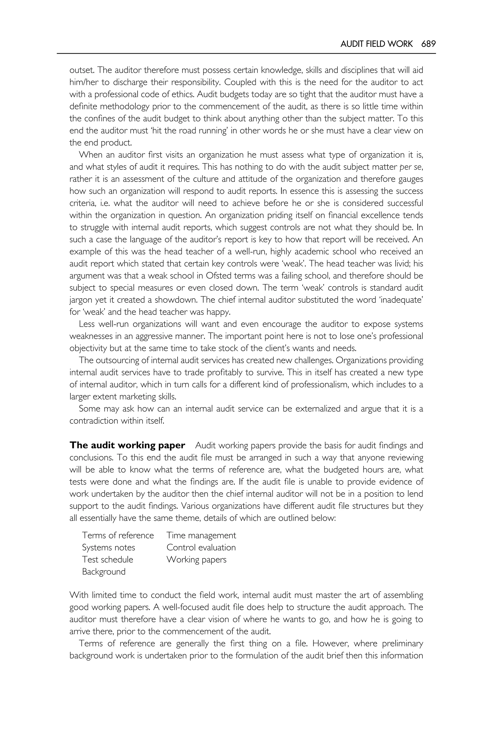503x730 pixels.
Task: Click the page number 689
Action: [428, 44]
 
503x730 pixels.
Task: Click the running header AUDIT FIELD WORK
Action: [376, 44]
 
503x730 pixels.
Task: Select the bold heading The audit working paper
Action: [127, 445]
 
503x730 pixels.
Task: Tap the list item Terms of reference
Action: [118, 535]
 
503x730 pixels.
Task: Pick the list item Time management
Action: [201, 535]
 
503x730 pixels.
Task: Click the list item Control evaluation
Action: [201, 547]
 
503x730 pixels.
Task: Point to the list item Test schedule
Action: [108, 560]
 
